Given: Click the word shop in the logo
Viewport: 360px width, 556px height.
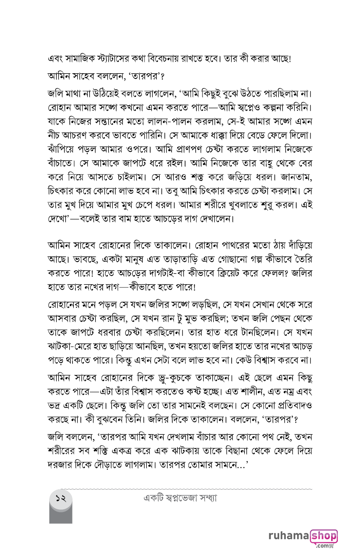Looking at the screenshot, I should (x=324, y=536).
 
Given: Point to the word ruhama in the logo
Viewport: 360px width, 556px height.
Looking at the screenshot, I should (x=288, y=536).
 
